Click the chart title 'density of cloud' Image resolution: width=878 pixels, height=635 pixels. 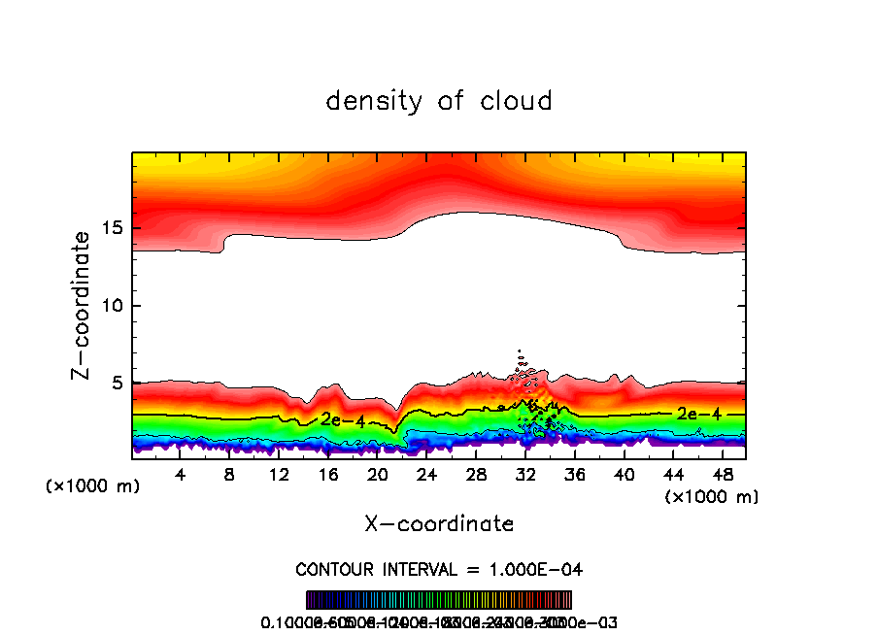(x=439, y=101)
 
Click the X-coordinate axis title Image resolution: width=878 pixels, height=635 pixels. (x=439, y=523)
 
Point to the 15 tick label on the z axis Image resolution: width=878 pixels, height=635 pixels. (x=112, y=228)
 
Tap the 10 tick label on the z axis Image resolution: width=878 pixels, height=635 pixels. (x=112, y=306)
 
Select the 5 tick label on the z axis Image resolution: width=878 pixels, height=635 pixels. (x=118, y=384)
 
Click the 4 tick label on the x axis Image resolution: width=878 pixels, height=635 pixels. (x=181, y=475)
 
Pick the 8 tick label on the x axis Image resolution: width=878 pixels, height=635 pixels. (x=230, y=475)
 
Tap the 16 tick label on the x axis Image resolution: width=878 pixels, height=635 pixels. (x=328, y=475)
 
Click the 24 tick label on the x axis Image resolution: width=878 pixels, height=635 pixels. (x=426, y=475)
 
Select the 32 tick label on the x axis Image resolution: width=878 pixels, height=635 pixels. (x=525, y=475)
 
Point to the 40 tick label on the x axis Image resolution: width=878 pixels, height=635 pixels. (x=624, y=475)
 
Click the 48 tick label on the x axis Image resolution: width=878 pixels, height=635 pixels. (x=722, y=475)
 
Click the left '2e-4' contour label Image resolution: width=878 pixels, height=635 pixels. (x=343, y=420)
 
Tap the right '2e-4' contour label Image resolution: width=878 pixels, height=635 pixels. (x=698, y=414)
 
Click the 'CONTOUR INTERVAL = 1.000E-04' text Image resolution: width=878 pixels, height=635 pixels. (x=439, y=568)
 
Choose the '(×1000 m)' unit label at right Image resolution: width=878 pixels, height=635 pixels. (x=711, y=497)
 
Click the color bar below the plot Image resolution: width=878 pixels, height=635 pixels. (x=439, y=600)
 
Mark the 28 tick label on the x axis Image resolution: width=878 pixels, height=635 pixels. (x=476, y=475)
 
